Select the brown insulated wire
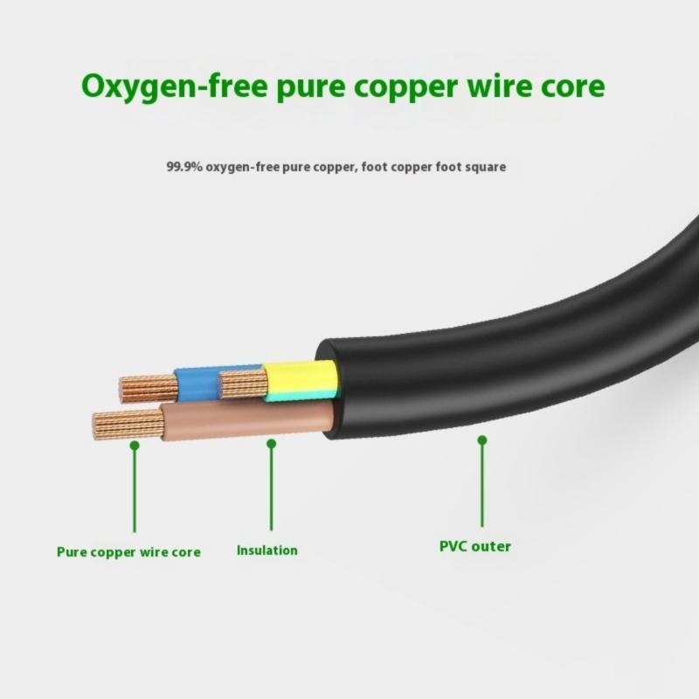[245, 420]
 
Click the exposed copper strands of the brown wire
[128, 425]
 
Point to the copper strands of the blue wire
[148, 387]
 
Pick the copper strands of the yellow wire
[242, 382]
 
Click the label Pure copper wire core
[128, 552]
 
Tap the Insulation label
[267, 550]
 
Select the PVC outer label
[474, 547]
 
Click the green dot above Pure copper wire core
[135, 445]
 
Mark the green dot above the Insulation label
[271, 444]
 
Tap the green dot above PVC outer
[481, 441]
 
